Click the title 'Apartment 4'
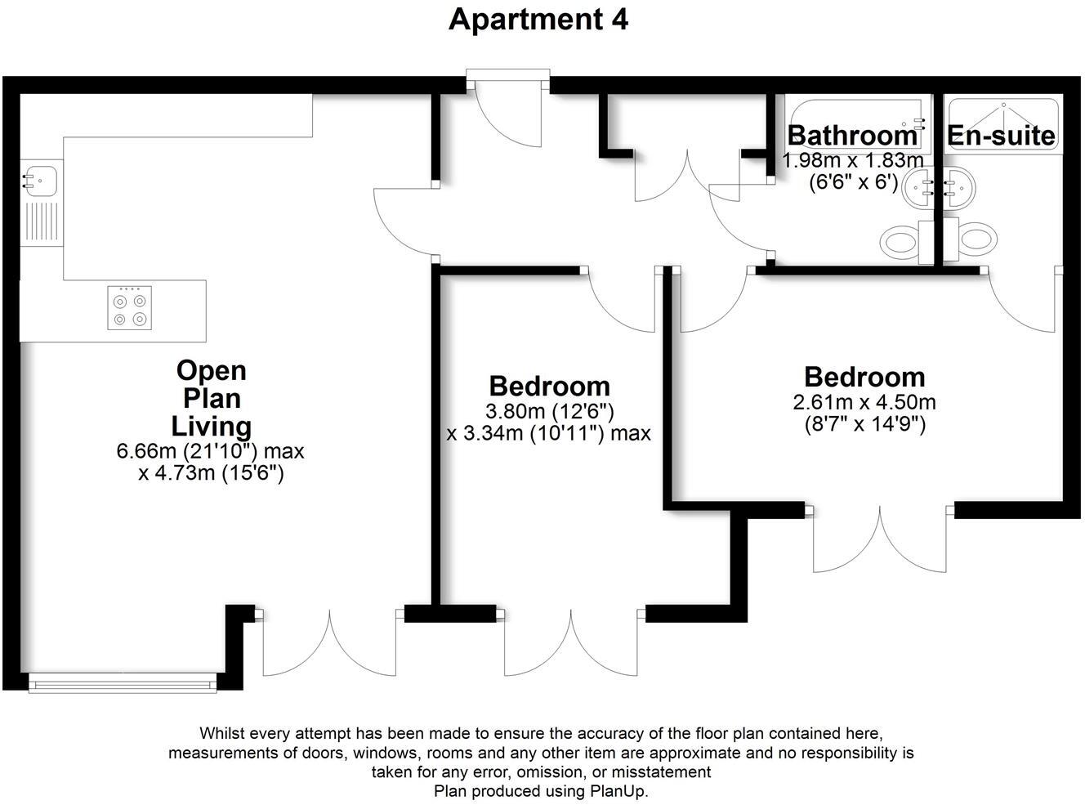pos(538,20)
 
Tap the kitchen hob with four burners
pos(129,307)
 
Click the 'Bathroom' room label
pos(852,135)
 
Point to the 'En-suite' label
pos(1001,136)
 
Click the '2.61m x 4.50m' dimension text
pos(864,402)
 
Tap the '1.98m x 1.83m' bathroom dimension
pos(853,160)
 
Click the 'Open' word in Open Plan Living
pos(211,370)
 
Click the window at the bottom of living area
pos(123,682)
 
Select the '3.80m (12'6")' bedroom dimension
pos(549,411)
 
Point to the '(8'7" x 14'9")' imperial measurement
pos(864,424)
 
